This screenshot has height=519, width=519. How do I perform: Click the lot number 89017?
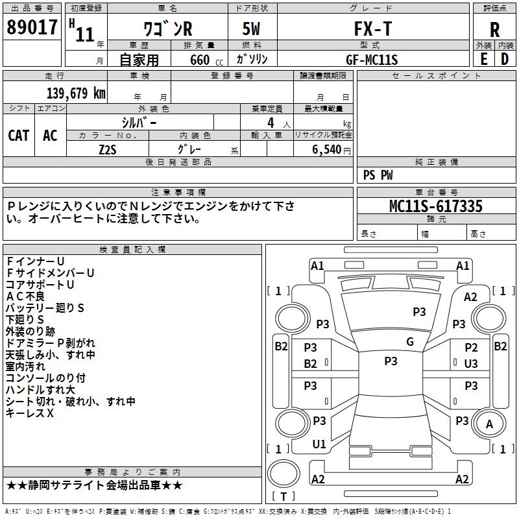click(30, 28)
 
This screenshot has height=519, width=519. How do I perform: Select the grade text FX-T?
click(371, 29)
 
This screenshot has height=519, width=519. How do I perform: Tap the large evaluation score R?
click(494, 30)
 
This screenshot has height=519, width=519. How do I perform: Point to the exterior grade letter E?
click(483, 59)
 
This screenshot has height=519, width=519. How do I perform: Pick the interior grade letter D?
click(505, 59)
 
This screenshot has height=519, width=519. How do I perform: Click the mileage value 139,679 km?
click(76, 93)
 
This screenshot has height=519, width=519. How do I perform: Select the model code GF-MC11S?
click(372, 59)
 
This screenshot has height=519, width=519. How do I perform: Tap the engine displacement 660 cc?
click(200, 60)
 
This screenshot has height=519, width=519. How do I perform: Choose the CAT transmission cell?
click(18, 135)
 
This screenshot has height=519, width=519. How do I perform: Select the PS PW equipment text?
click(378, 175)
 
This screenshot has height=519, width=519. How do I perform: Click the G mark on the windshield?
click(409, 342)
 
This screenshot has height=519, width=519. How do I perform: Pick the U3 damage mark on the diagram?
click(471, 364)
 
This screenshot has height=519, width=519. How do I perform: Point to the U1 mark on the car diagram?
click(319, 444)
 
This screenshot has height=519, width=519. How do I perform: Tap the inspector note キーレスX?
click(29, 413)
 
